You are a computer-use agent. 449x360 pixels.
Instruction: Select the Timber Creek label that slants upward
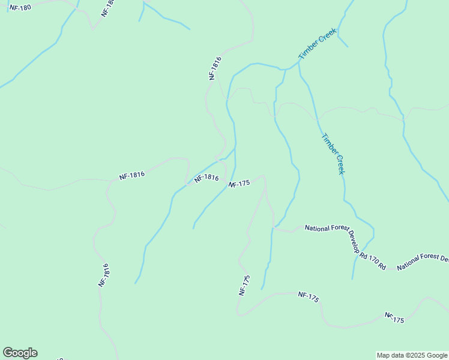[318, 43]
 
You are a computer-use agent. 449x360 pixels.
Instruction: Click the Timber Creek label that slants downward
[333, 154]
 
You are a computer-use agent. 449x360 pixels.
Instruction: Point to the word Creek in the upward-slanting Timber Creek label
[325, 37]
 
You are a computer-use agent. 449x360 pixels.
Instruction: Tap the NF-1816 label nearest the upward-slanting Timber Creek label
[215, 68]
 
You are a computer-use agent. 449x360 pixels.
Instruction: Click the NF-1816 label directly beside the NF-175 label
[206, 178]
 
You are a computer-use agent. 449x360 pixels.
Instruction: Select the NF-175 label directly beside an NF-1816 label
[239, 184]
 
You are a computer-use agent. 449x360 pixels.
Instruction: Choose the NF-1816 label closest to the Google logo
[104, 275]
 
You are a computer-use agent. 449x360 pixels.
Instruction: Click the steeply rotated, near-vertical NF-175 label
[244, 285]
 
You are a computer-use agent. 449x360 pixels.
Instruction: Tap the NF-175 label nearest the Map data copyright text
[394, 317]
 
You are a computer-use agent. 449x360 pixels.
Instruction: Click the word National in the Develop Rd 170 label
[318, 228]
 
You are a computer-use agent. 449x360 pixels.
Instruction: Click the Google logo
[20, 353]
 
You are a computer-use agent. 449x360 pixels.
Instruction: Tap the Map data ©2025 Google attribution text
[412, 355]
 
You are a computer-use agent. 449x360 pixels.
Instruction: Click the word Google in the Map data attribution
[436, 355]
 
